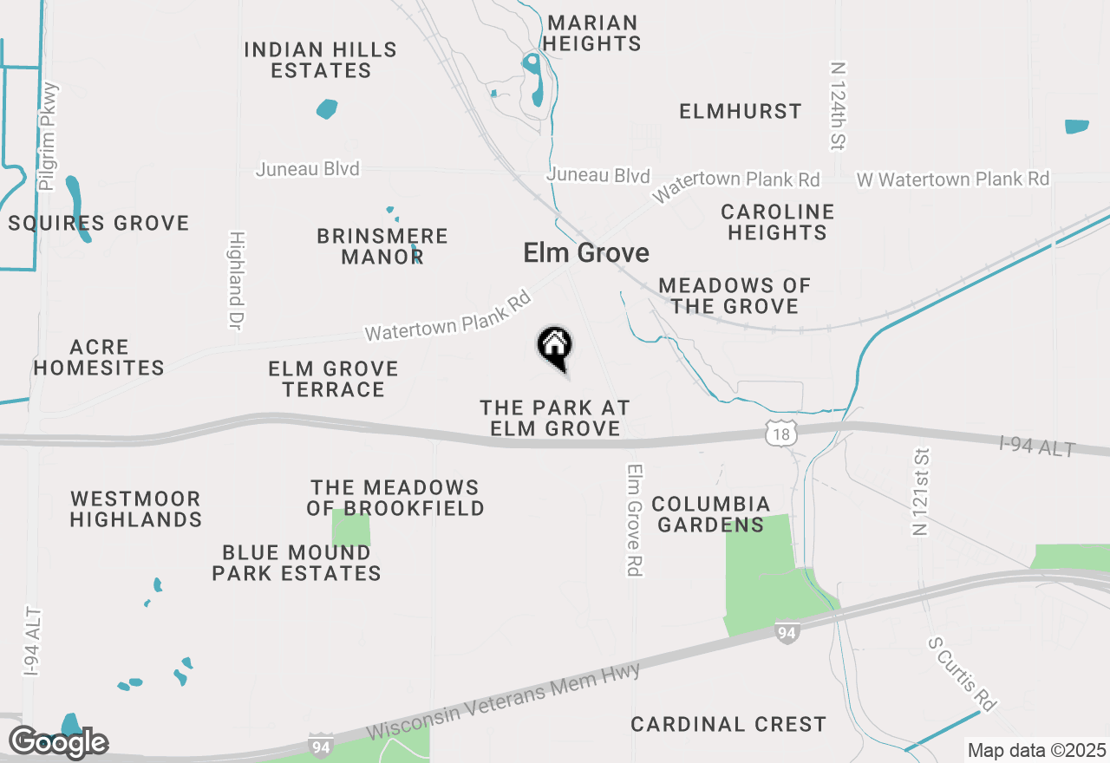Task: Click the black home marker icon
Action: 555,346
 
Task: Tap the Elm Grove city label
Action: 586,253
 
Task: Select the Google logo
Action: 59,742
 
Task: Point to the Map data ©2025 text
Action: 1036,750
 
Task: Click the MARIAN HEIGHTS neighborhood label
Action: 593,33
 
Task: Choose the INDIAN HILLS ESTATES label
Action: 321,60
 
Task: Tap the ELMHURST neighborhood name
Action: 741,111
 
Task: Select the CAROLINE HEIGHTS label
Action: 777,222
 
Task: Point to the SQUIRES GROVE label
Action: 99,223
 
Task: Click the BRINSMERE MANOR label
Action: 382,246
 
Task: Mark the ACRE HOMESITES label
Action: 99,357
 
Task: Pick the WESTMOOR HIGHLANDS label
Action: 135,509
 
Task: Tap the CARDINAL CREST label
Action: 728,724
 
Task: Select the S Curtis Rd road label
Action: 960,673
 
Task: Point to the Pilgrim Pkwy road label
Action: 48,136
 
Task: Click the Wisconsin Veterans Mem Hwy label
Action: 504,702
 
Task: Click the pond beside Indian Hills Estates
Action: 327,109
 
